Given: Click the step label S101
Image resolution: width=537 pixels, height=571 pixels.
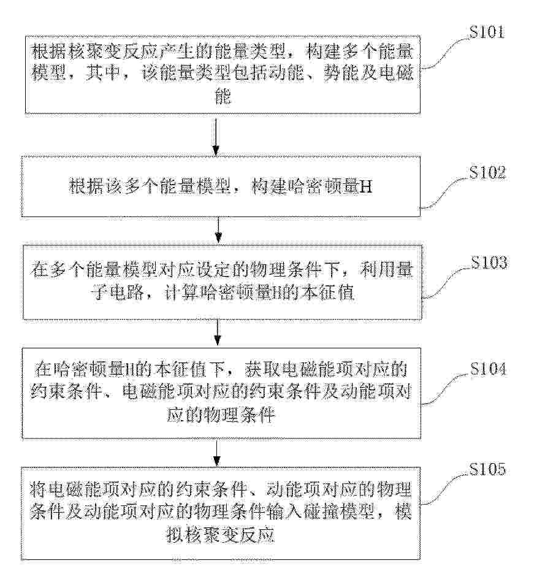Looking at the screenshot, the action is [x=487, y=32].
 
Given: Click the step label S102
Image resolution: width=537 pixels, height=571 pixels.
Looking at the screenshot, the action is [x=487, y=172].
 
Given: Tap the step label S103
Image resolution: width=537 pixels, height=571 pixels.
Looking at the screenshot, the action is [x=489, y=263].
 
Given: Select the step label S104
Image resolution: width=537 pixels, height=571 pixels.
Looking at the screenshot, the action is [x=488, y=369].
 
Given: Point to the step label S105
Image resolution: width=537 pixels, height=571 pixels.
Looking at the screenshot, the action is [x=487, y=469].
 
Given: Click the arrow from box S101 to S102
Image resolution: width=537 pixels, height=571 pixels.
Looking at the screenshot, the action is [x=216, y=136].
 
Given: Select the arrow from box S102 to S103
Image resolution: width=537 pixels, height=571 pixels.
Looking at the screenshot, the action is [x=218, y=230].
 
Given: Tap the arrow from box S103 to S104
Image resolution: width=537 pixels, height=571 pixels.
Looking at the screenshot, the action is [x=218, y=332].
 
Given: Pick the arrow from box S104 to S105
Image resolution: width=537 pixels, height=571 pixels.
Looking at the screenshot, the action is [x=216, y=453].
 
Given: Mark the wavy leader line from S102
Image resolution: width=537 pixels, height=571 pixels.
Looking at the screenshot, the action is [x=445, y=193].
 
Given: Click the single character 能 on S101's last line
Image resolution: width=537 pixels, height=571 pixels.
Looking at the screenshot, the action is [x=223, y=96].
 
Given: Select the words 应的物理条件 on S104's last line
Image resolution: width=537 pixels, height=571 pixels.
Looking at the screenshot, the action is [x=221, y=415].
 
